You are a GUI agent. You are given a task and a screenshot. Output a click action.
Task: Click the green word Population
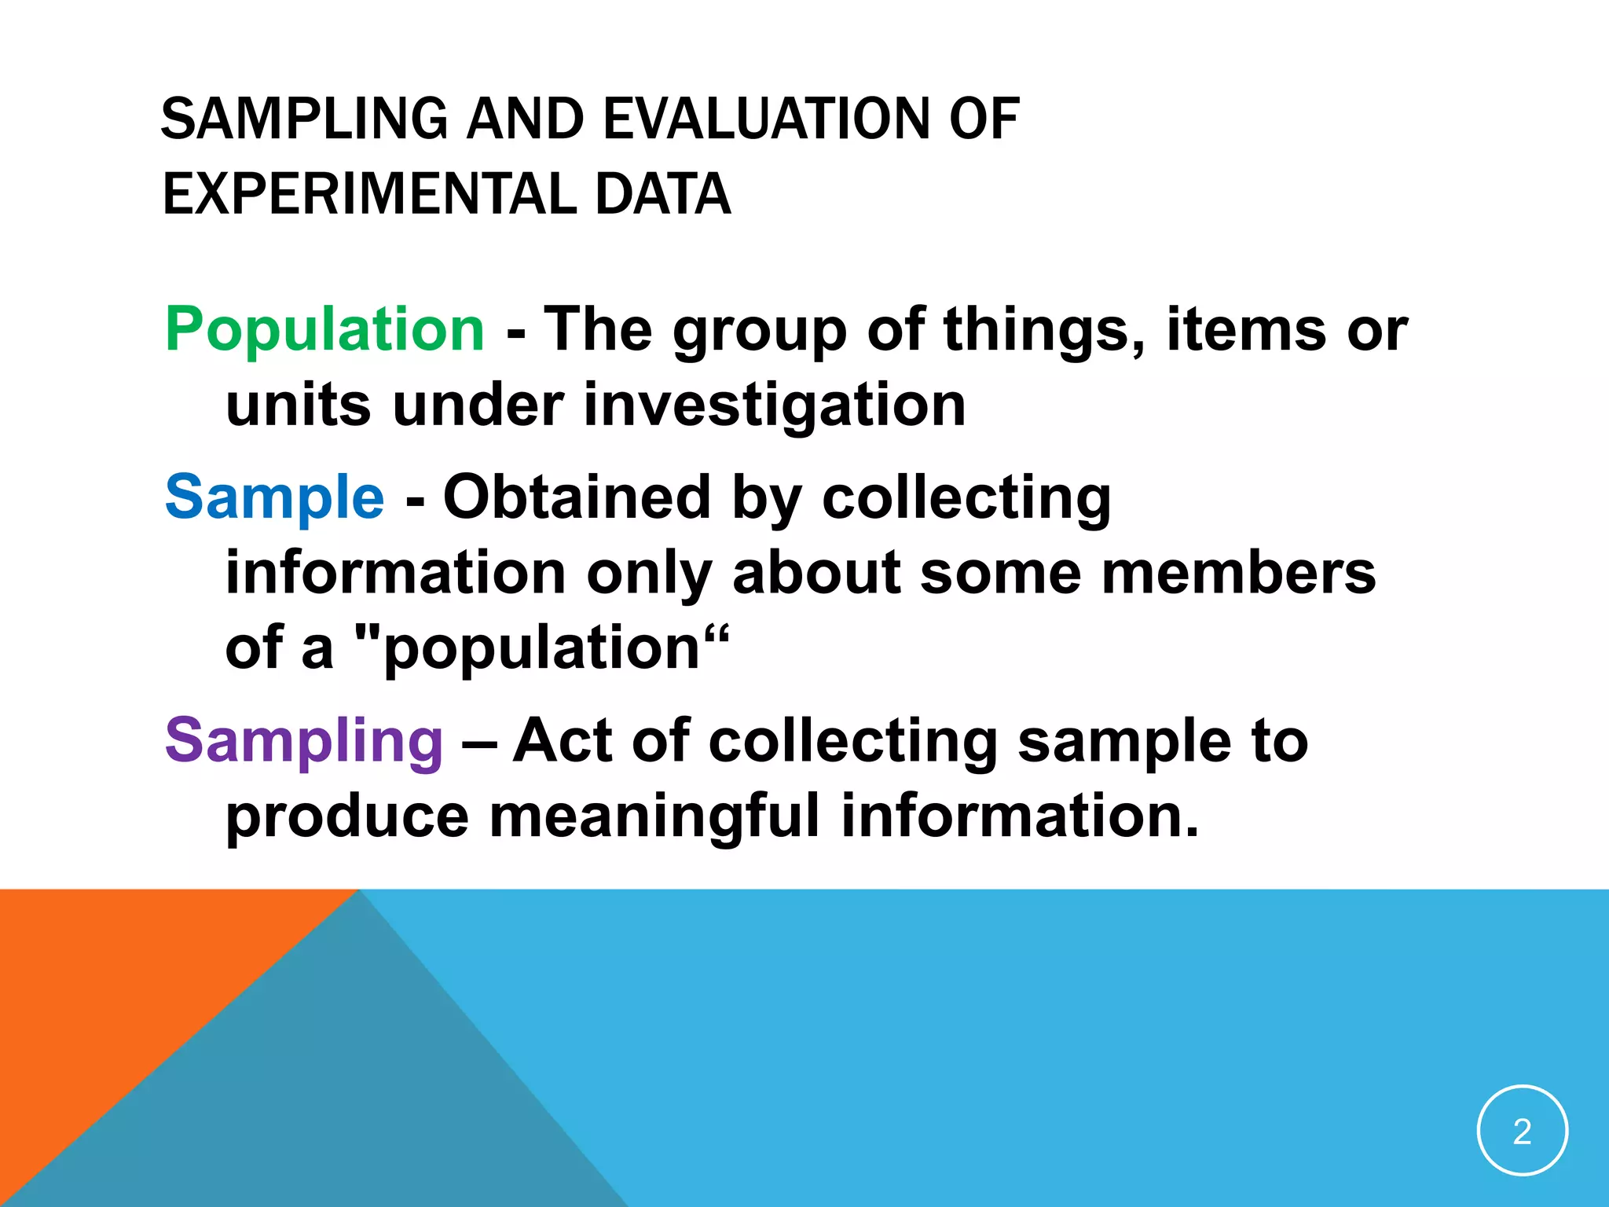tap(324, 330)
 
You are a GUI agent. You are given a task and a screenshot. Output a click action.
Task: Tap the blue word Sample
tap(274, 497)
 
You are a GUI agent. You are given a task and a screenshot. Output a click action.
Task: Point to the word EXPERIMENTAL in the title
tap(368, 194)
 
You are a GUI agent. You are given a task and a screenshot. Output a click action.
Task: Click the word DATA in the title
tap(663, 194)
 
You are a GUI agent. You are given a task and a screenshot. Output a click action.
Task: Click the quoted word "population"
tap(542, 648)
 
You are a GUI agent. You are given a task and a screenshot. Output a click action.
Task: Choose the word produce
tap(347, 816)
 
